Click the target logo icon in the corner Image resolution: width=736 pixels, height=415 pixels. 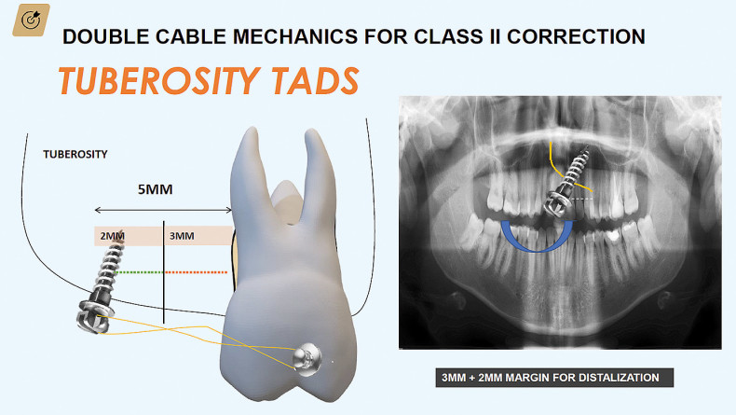point(31,21)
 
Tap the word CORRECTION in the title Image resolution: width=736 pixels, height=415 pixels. point(576,36)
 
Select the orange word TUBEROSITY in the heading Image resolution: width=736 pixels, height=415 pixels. point(159,81)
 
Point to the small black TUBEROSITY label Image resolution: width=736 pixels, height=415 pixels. point(75,154)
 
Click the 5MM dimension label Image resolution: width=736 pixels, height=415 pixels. point(155,189)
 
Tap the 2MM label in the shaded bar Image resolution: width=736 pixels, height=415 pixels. point(112,236)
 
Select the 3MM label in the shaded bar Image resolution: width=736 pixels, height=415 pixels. point(182,236)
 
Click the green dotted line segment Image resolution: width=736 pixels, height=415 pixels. point(140,272)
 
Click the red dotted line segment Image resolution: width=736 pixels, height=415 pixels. point(197,272)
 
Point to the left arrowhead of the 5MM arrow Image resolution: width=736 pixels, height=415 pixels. point(98,210)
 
